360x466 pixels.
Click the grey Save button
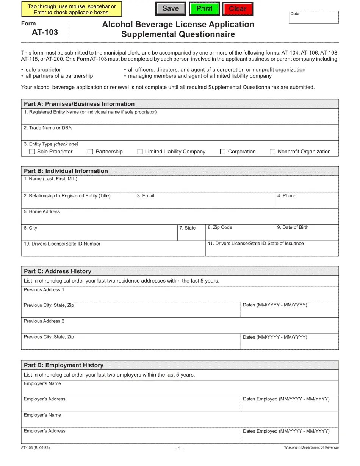click(171, 9)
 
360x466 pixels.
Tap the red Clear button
click(238, 9)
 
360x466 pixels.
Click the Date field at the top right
click(314, 17)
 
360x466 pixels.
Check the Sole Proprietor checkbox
click(32, 152)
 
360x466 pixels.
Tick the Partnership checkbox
click(90, 152)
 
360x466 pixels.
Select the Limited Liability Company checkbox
click(140, 152)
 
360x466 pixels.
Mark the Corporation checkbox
click(223, 152)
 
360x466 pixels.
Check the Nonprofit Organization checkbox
click(272, 152)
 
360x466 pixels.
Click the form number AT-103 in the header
click(45, 32)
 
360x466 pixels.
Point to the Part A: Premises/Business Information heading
click(79, 104)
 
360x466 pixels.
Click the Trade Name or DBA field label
click(47, 128)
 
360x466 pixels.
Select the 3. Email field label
click(146, 196)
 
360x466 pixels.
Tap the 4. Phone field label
click(286, 196)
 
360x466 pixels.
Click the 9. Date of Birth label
click(293, 227)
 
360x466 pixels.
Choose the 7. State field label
click(187, 228)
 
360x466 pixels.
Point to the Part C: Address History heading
click(57, 271)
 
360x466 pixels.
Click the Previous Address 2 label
click(44, 321)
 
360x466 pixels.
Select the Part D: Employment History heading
click(63, 365)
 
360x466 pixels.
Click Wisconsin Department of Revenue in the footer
click(311, 447)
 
